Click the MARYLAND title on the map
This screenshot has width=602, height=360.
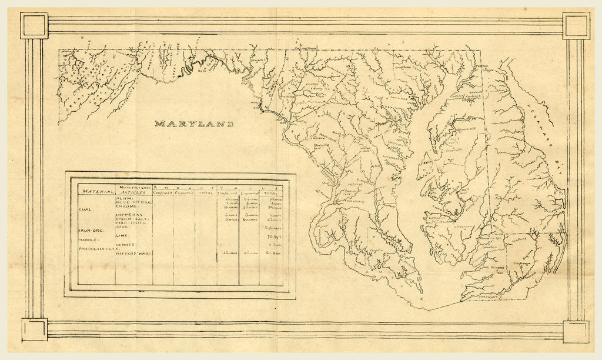(194, 124)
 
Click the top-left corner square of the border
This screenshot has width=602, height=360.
(34, 25)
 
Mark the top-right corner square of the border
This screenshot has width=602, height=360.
(576, 25)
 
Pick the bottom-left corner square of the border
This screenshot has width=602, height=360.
(34, 329)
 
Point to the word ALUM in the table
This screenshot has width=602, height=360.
(125, 199)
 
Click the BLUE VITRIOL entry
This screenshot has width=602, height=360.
(135, 203)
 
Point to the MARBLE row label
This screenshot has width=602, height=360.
(89, 240)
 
